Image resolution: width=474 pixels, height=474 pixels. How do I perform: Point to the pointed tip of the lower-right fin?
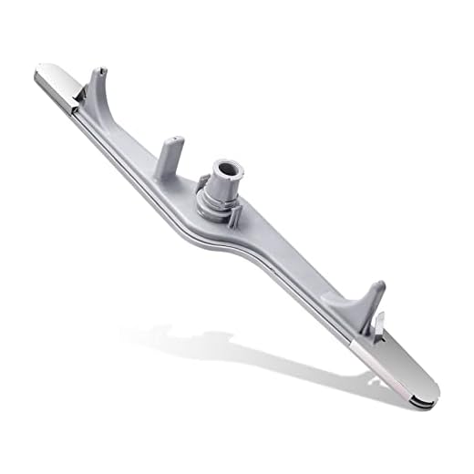point(381,284)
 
